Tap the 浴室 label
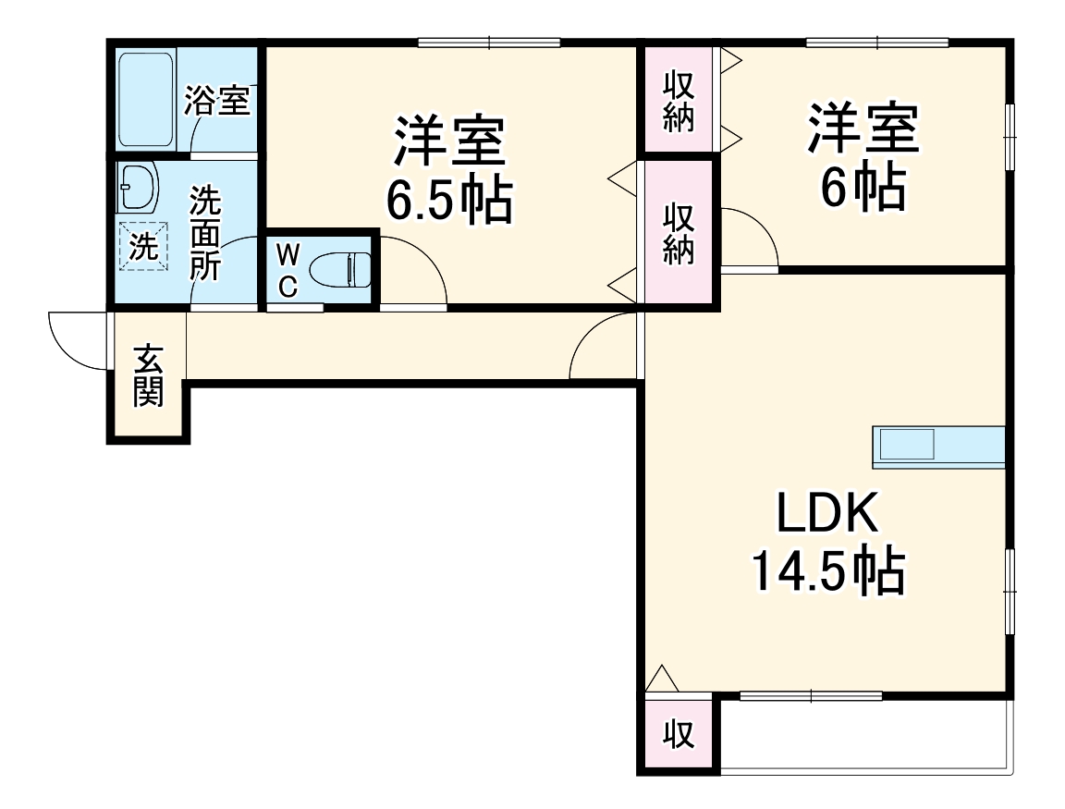tap(217, 101)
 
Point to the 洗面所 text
tap(205, 233)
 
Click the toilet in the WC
tap(339, 271)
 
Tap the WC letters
tap(288, 270)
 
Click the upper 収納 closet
tap(678, 102)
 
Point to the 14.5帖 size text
tap(826, 572)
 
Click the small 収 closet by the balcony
tap(679, 734)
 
